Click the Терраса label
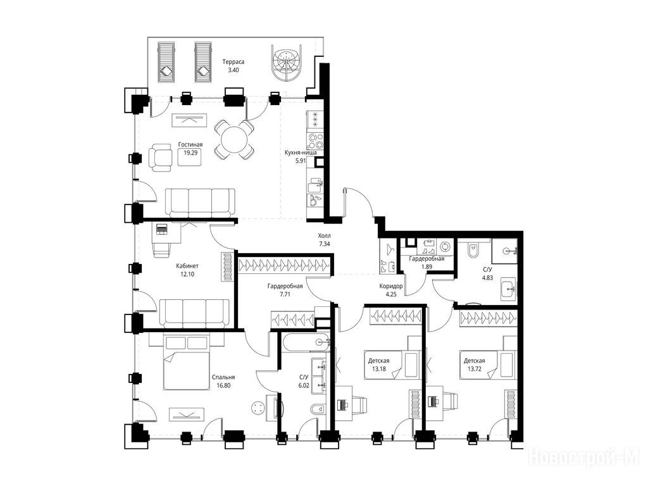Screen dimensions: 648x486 pyautogui.click(x=233, y=61)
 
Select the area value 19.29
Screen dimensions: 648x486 pyautogui.click(x=190, y=153)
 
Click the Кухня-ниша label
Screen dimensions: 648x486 pyautogui.click(x=301, y=153)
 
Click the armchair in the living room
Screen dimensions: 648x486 pyautogui.click(x=160, y=158)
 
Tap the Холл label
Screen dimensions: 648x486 pyautogui.click(x=324, y=236)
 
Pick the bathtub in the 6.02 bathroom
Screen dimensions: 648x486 pyautogui.click(x=306, y=342)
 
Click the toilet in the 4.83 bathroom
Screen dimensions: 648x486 pyautogui.click(x=473, y=249)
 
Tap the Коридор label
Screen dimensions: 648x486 pyautogui.click(x=391, y=286)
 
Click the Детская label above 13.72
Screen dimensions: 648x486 pyautogui.click(x=474, y=360)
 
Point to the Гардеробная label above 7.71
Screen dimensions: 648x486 pyautogui.click(x=285, y=286)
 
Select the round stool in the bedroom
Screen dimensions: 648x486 pyautogui.click(x=258, y=408)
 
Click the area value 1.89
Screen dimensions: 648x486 pyautogui.click(x=427, y=267)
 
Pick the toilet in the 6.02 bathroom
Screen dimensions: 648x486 pyautogui.click(x=318, y=409)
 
